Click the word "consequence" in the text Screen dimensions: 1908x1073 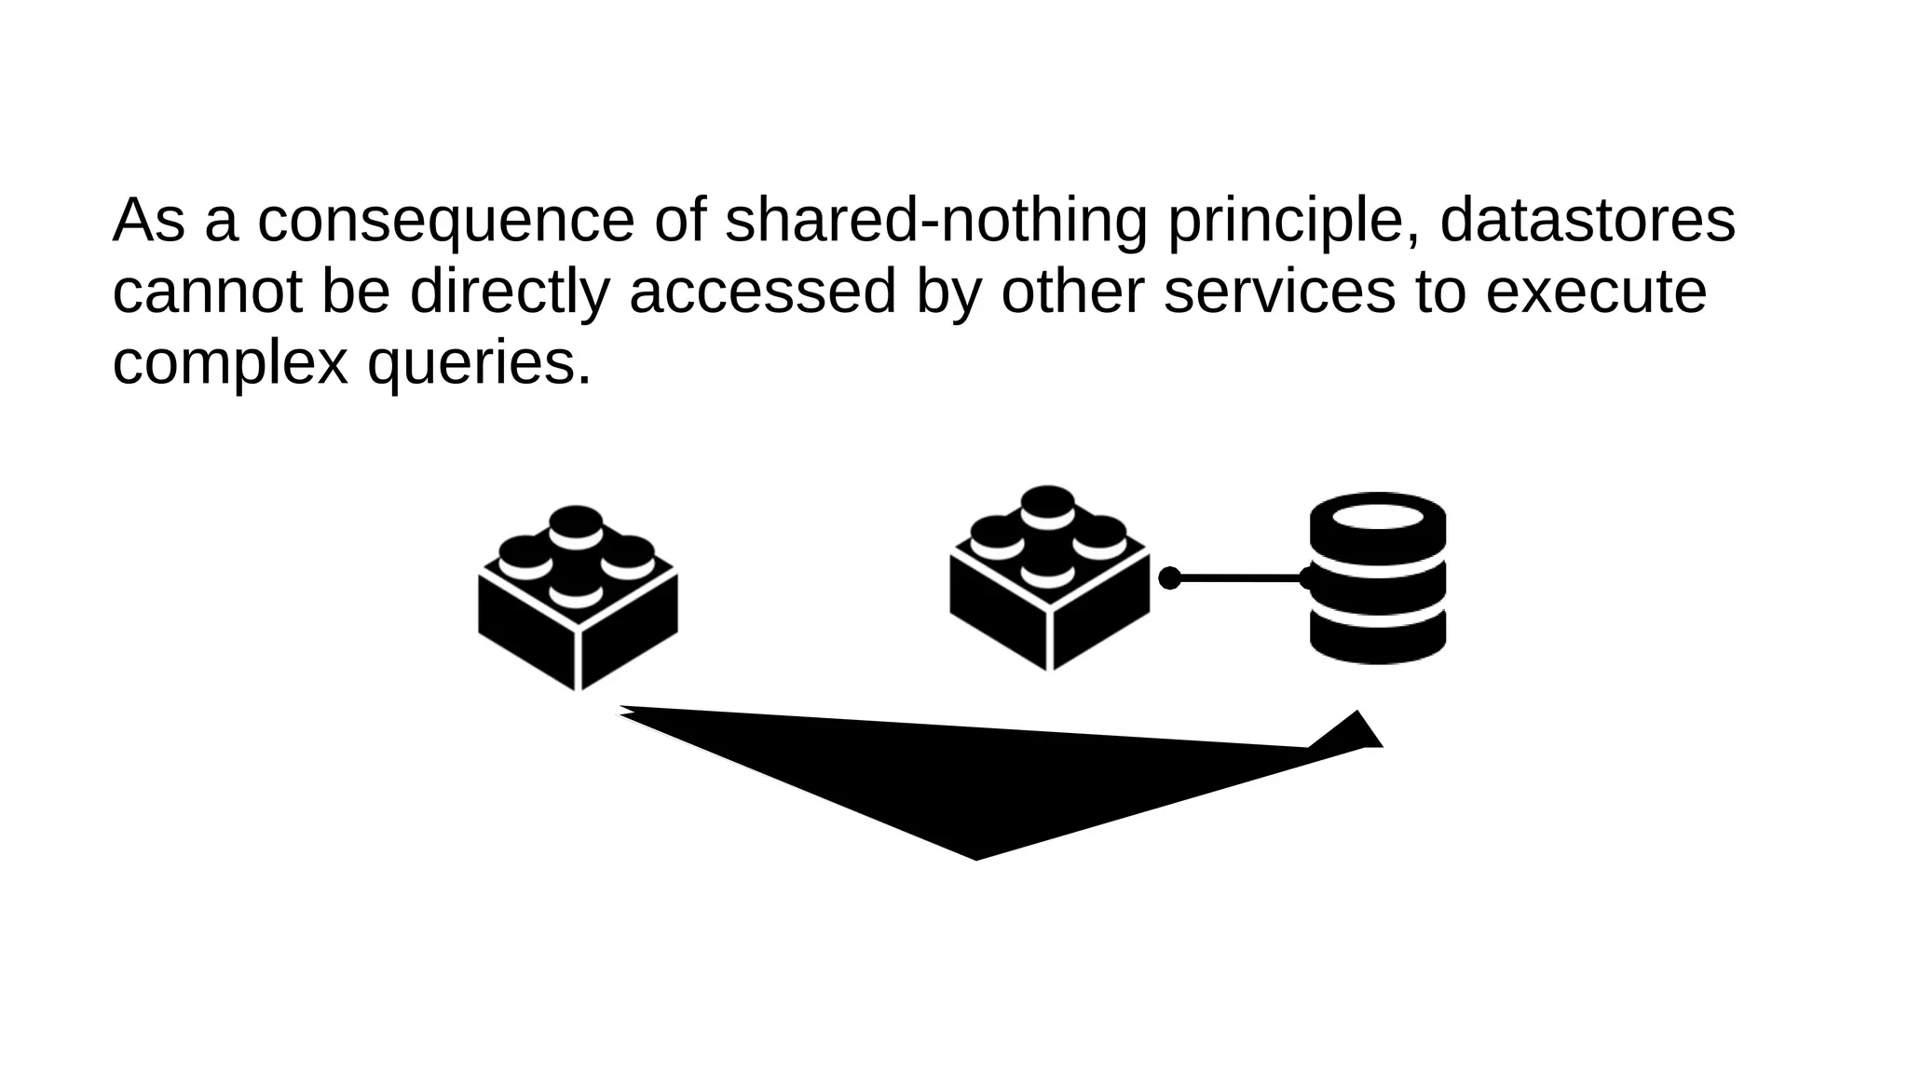tap(445, 221)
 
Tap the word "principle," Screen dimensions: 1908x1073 tap(1294, 221)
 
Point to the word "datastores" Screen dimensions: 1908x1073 tap(1588, 221)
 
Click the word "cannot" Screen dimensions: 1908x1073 tap(208, 292)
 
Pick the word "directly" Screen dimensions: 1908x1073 tap(509, 292)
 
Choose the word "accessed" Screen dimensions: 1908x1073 tap(762, 292)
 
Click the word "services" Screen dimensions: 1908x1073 tap(1279, 292)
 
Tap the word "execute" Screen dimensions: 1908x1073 tap(1596, 292)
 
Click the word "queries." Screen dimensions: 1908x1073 tap(480, 362)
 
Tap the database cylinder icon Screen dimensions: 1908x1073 tap(1378, 577)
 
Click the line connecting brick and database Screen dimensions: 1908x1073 tap(1239, 578)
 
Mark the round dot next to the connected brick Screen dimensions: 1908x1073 tap(1169, 578)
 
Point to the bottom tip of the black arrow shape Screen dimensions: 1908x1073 tap(975, 855)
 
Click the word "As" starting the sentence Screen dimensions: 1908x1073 tap(148, 221)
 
